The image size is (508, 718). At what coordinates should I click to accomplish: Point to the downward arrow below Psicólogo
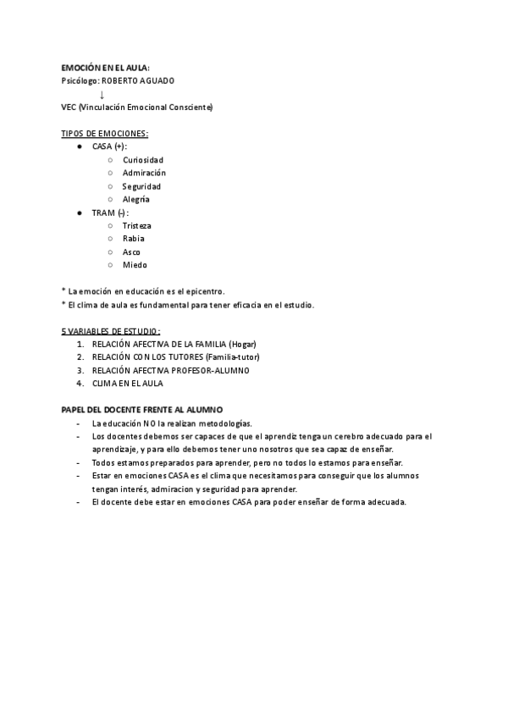click(x=102, y=94)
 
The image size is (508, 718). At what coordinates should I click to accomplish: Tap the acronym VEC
click(x=69, y=108)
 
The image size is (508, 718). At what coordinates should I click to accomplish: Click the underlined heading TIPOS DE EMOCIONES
click(x=105, y=134)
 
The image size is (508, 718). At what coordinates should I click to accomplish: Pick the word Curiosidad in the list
click(x=143, y=160)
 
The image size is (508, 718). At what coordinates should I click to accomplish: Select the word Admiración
click(x=144, y=173)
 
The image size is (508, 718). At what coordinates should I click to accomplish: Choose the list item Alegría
click(x=136, y=199)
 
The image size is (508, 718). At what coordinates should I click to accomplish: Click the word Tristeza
click(x=137, y=225)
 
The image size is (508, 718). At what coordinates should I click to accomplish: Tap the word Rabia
click(x=134, y=239)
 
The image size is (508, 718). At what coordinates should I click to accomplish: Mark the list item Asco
click(x=131, y=251)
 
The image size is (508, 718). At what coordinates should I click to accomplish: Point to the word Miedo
click(x=135, y=265)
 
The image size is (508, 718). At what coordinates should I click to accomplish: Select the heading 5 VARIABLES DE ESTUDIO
click(x=111, y=331)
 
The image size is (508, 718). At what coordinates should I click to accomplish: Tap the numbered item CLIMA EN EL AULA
click(x=128, y=384)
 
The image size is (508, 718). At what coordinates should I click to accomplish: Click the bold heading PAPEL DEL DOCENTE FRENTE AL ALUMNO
click(x=143, y=409)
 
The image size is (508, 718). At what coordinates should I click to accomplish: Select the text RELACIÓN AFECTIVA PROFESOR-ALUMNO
click(x=171, y=370)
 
